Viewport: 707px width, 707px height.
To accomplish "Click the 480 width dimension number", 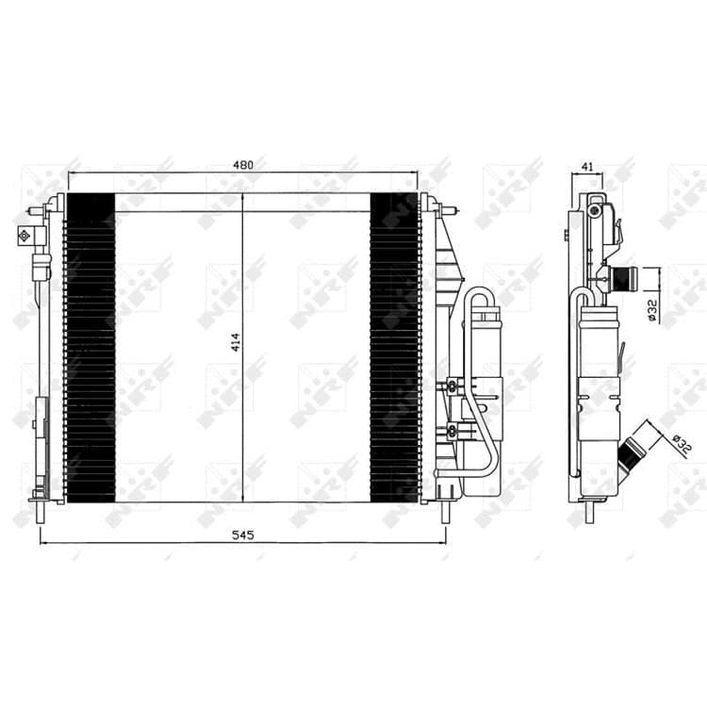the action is [x=243, y=165].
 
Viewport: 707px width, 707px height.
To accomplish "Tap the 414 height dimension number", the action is [x=236, y=342].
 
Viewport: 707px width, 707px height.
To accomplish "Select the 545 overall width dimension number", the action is [x=243, y=534].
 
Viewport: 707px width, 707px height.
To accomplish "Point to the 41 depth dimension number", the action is [x=586, y=167].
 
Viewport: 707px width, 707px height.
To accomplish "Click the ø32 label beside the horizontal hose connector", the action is [x=653, y=310].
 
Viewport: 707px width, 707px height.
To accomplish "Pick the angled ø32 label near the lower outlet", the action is [x=682, y=444].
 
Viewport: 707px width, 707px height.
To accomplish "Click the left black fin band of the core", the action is [x=90, y=348].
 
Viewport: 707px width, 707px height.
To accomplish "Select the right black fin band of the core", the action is [x=395, y=348].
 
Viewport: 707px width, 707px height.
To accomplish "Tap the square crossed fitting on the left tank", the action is [x=24, y=235].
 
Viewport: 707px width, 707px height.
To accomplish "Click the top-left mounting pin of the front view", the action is [x=35, y=210].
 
